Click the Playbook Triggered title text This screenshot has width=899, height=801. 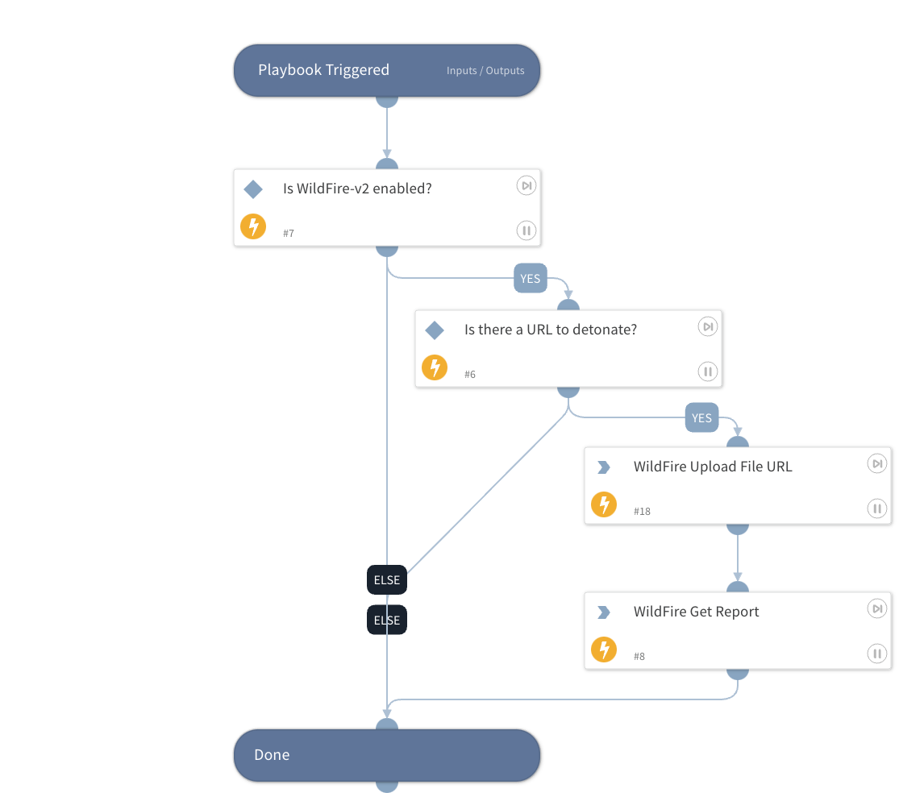[x=323, y=70]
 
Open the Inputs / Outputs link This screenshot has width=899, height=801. [x=485, y=71]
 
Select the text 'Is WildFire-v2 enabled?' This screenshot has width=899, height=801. [x=357, y=189]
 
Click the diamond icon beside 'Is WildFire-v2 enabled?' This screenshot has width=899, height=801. [x=253, y=189]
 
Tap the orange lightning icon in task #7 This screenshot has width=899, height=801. [x=253, y=227]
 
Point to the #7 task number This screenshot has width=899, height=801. [x=289, y=234]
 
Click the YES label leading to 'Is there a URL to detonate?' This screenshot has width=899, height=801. [x=530, y=279]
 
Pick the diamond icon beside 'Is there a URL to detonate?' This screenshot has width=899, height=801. [x=435, y=330]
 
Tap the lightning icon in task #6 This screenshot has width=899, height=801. [x=435, y=368]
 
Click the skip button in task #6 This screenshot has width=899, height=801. [x=707, y=326]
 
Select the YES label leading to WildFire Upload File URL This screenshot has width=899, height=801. [x=701, y=417]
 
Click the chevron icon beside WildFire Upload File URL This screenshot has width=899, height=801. [x=603, y=467]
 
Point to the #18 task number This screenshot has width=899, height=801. [x=642, y=512]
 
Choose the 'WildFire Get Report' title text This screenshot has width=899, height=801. [x=696, y=612]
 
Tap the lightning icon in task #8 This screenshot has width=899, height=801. [x=604, y=650]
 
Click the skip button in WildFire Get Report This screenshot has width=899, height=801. [x=876, y=608]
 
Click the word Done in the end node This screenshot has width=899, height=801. [x=272, y=755]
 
